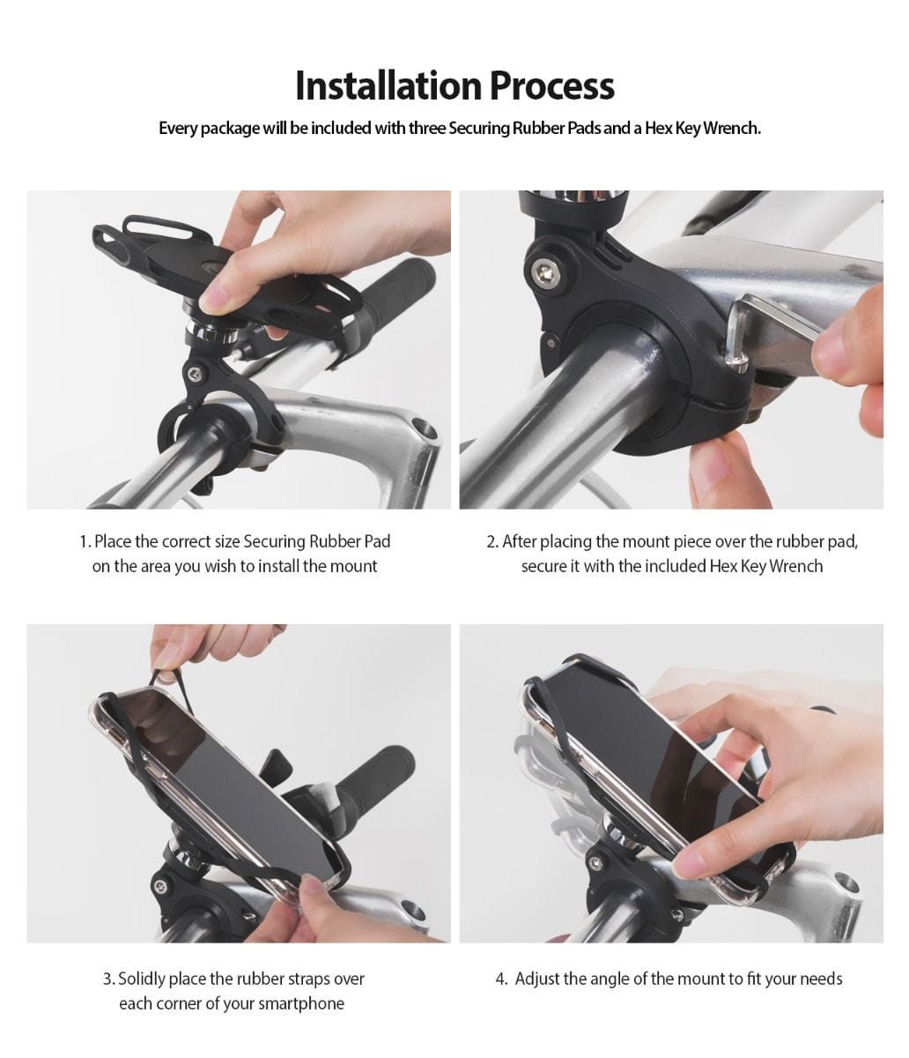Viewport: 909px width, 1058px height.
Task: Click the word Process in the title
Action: click(x=551, y=86)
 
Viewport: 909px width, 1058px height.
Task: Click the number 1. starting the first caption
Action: click(x=85, y=541)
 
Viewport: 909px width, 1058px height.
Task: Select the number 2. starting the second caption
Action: click(x=492, y=541)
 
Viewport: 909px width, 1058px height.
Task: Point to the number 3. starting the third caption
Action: click(x=108, y=979)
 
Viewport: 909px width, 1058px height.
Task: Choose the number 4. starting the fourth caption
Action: click(x=501, y=979)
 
